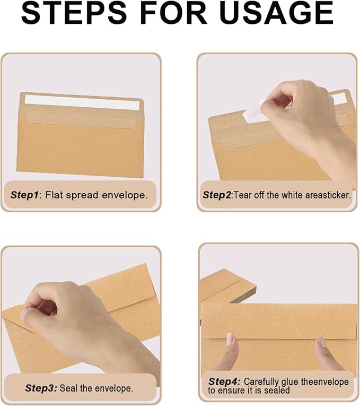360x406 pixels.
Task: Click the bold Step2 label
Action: pos(217,195)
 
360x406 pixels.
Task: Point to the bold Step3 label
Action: pos(40,388)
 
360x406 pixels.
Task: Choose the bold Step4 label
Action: pos(224,381)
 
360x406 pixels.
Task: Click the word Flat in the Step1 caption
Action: pos(54,195)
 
